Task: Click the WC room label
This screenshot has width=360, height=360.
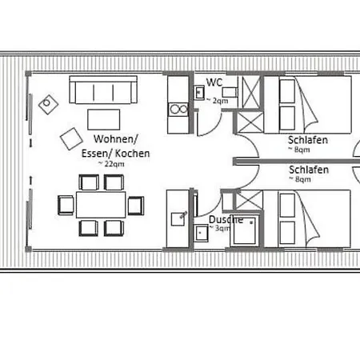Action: pyautogui.click(x=214, y=82)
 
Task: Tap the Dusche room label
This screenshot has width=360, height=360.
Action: pyautogui.click(x=226, y=220)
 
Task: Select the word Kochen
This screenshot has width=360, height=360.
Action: pyautogui.click(x=132, y=154)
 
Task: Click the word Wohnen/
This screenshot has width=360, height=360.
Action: pyautogui.click(x=116, y=139)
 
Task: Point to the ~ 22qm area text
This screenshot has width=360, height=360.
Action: pyautogui.click(x=111, y=164)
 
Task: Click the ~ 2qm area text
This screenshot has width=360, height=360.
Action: pyautogui.click(x=218, y=101)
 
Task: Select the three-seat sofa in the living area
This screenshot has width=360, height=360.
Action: pyautogui.click(x=103, y=90)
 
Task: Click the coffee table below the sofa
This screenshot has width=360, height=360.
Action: pyautogui.click(x=103, y=119)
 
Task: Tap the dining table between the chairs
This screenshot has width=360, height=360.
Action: pyautogui.click(x=101, y=205)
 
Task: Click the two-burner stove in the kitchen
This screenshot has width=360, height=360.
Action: pyautogui.click(x=179, y=110)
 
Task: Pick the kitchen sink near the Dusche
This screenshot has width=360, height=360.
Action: pyautogui.click(x=178, y=219)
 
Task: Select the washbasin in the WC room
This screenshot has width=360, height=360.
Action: pyautogui.click(x=199, y=93)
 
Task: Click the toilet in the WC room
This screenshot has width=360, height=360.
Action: pyautogui.click(x=230, y=92)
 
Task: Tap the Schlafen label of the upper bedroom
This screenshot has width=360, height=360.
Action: pyautogui.click(x=308, y=140)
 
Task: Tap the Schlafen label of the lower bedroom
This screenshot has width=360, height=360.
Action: pyautogui.click(x=309, y=170)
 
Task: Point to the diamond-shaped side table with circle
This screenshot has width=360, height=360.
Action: pyautogui.click(x=48, y=104)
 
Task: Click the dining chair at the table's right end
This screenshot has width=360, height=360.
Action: pyautogui.click(x=136, y=206)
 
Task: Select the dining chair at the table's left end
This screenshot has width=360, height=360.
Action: pyautogui.click(x=66, y=205)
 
